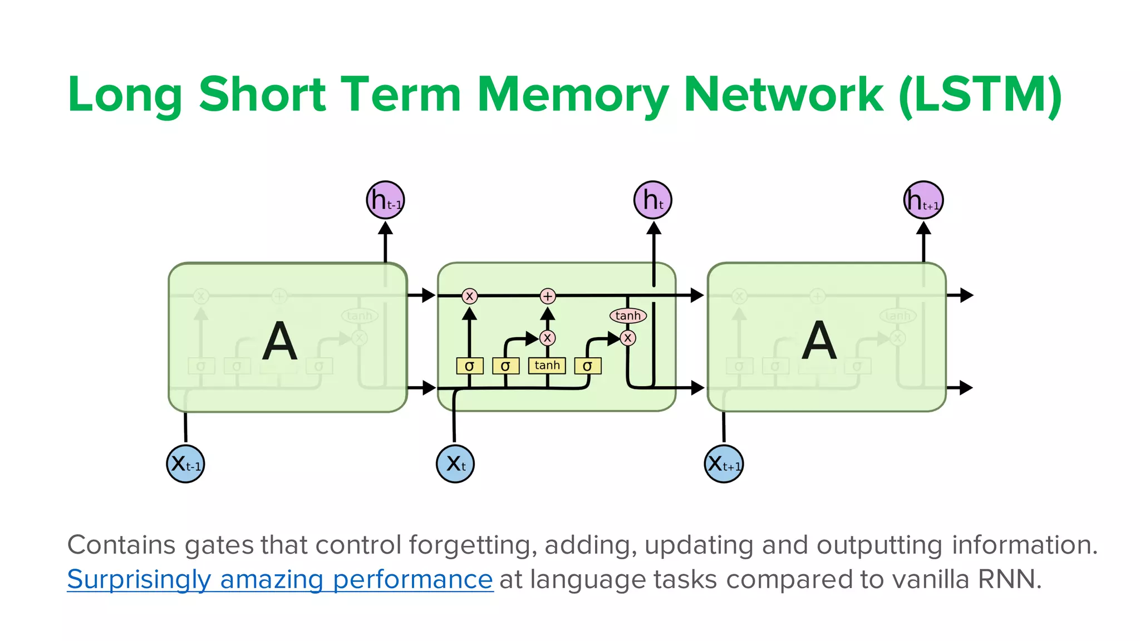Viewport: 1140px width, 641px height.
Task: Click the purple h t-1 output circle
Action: pyautogui.click(x=385, y=200)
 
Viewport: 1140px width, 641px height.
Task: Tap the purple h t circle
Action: pyautogui.click(x=653, y=200)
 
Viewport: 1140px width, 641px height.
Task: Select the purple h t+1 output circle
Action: pyautogui.click(x=923, y=200)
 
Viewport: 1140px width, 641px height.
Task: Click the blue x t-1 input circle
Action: pyautogui.click(x=185, y=464)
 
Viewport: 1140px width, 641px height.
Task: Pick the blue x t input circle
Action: pyautogui.click(x=455, y=464)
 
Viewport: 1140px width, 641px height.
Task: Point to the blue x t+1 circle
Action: pyautogui.click(x=724, y=464)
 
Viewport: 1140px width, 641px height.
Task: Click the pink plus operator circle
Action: pyautogui.click(x=548, y=296)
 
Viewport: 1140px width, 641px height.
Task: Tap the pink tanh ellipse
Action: pyautogui.click(x=628, y=315)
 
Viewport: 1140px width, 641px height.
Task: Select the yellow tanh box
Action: pyautogui.click(x=547, y=366)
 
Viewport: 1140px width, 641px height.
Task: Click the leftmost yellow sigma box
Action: pyautogui.click(x=469, y=366)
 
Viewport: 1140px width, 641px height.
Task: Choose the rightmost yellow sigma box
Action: pyautogui.click(x=587, y=366)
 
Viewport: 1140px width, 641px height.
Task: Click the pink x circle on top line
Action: pyautogui.click(x=469, y=296)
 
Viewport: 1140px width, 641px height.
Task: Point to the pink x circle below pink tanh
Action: pyautogui.click(x=628, y=338)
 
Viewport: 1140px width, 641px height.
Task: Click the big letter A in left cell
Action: pyautogui.click(x=279, y=341)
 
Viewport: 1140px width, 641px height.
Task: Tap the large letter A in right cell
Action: pyautogui.click(x=819, y=340)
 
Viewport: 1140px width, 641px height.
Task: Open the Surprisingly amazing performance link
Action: pyautogui.click(x=280, y=579)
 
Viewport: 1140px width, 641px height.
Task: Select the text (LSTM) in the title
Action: pyautogui.click(x=980, y=95)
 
